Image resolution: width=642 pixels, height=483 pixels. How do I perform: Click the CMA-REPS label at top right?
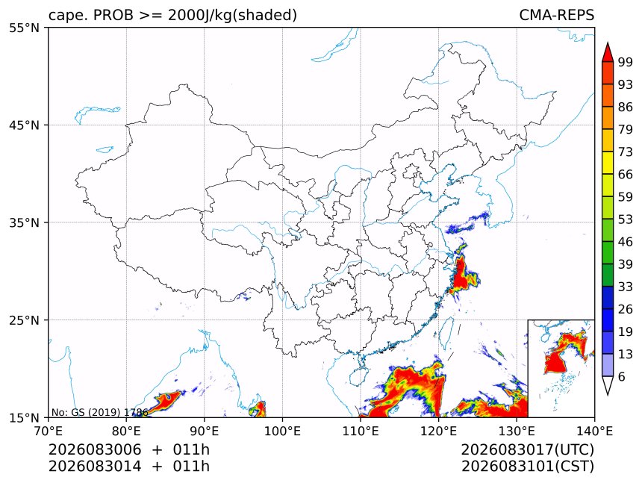tap(556, 15)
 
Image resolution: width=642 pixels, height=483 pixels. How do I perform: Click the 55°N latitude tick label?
tap(24, 28)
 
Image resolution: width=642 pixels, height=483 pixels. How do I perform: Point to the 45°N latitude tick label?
tap(24, 125)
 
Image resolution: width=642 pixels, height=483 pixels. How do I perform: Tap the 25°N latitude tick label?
tap(24, 320)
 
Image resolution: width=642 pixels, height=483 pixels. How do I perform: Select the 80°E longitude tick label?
tap(126, 431)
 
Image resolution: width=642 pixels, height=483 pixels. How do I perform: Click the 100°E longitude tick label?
tap(282, 431)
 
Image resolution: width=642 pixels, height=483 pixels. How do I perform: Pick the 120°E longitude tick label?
tap(438, 431)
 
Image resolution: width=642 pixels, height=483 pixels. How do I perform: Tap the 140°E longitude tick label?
tap(594, 431)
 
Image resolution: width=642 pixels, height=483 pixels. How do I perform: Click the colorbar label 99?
tap(626, 62)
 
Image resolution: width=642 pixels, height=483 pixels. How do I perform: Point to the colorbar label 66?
tap(626, 175)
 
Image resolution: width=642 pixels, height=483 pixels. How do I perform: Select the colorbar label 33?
tap(626, 287)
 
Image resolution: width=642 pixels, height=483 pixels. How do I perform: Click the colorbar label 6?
tap(622, 376)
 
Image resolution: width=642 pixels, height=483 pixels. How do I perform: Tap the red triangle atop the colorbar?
tap(608, 53)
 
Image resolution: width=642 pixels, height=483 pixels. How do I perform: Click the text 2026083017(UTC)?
tap(527, 450)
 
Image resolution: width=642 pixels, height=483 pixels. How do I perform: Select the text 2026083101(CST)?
tap(527, 467)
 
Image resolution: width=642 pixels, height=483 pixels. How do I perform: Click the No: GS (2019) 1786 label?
tap(99, 412)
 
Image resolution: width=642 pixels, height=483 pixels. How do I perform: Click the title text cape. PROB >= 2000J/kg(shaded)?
tap(172, 15)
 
